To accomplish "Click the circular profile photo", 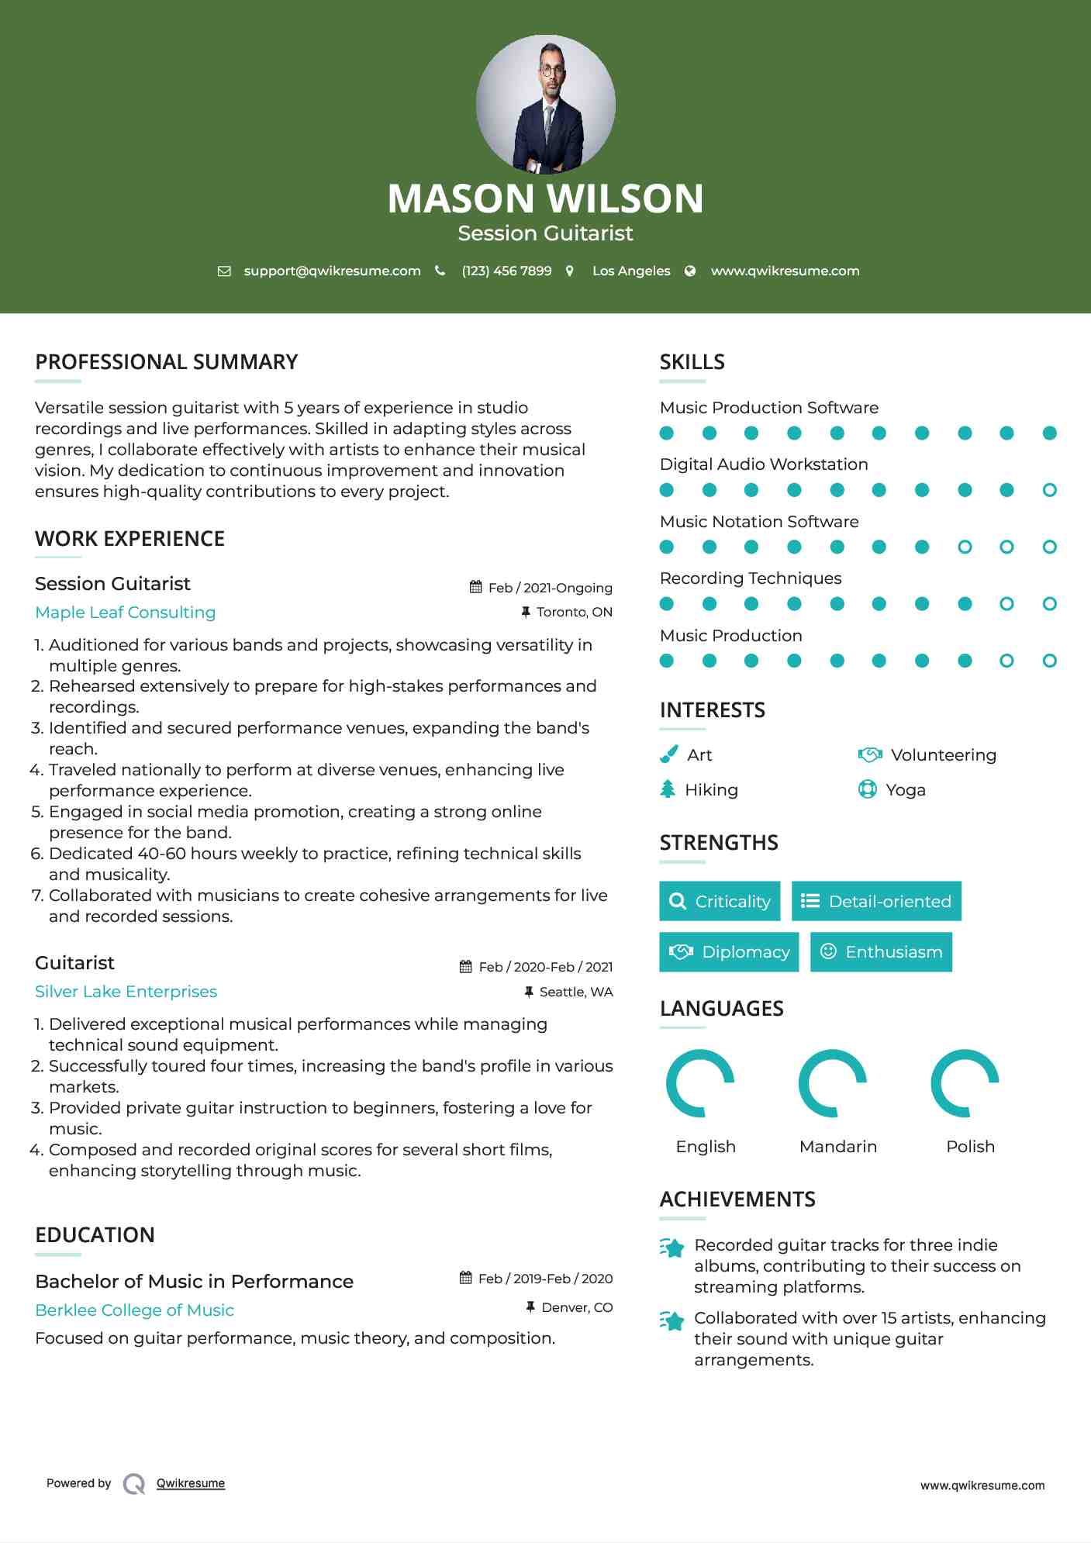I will click(545, 104).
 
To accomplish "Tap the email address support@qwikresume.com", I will click(332, 271).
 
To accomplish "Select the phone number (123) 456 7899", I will click(506, 271).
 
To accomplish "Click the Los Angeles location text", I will click(630, 271).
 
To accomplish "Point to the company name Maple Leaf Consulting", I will click(126, 613).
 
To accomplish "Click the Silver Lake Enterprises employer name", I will click(126, 992).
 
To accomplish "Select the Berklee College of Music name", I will click(135, 1310).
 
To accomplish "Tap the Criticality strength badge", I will click(720, 901).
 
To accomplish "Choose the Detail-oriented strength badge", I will click(876, 901).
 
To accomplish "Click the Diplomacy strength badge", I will click(729, 952).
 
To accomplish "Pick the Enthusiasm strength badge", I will click(881, 952).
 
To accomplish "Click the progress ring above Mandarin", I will click(833, 1083).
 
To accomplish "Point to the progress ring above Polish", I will click(965, 1083).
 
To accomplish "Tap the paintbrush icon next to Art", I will click(668, 754).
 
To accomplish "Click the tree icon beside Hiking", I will click(668, 789).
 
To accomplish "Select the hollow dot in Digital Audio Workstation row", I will click(1049, 490).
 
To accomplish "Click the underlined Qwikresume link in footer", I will click(191, 1483).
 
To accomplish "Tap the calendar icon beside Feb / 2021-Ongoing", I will click(475, 587).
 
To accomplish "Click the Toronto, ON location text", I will click(574, 612).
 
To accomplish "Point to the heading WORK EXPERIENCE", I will click(130, 539).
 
